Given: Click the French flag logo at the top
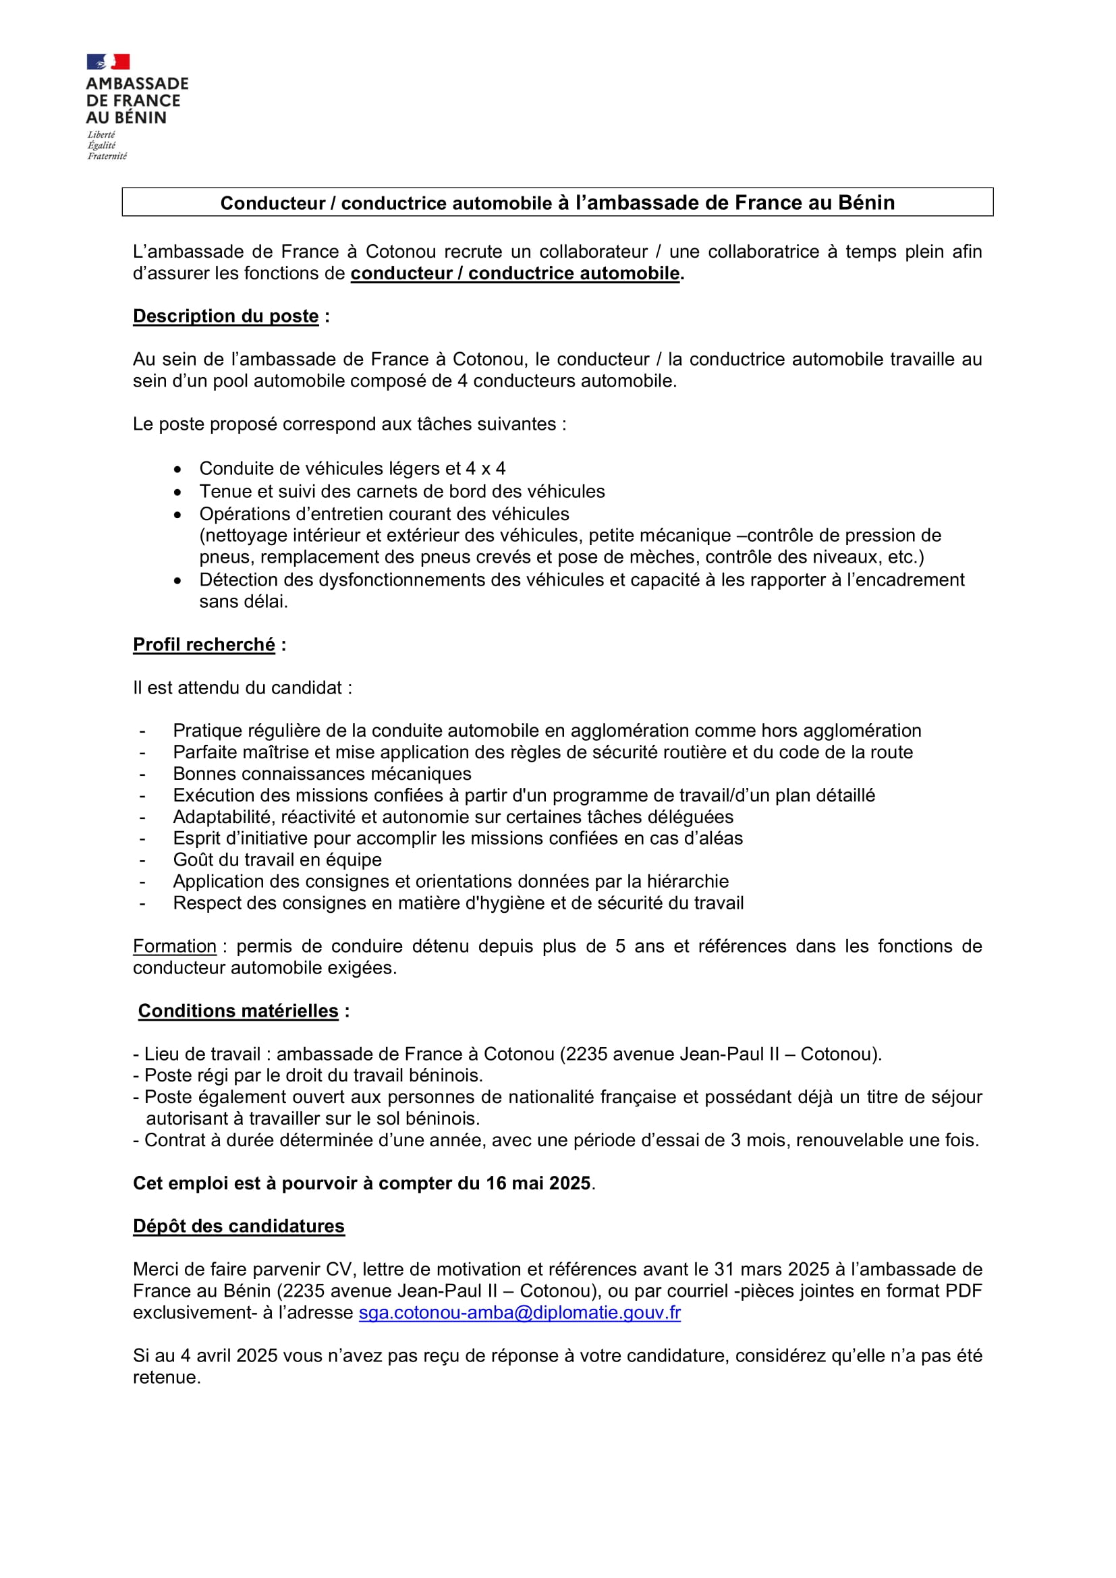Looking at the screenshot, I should [108, 62].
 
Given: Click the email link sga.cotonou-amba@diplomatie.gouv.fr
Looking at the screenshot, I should [520, 1312].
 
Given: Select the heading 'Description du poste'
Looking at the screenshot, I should [225, 316].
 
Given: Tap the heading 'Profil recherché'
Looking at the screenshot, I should [204, 645].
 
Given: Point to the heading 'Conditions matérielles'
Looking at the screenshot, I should [238, 1011].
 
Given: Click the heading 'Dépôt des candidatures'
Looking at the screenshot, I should [238, 1226].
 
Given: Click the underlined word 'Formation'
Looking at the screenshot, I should [175, 947].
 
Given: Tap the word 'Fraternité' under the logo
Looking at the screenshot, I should [107, 157].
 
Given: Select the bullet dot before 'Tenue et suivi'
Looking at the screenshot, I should [178, 492].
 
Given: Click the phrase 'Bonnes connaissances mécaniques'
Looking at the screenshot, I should [322, 774].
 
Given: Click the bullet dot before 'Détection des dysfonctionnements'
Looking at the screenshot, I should [178, 581].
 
